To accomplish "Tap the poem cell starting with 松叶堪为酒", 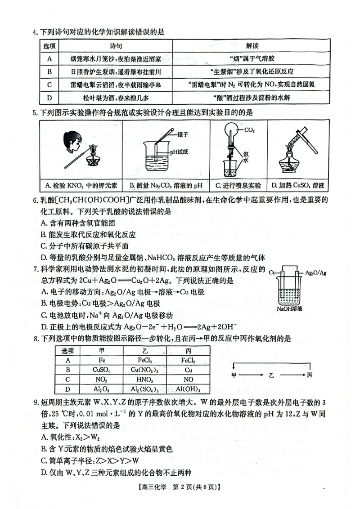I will [116, 98].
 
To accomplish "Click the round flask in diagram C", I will [230, 132].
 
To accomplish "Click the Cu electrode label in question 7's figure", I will [272, 273].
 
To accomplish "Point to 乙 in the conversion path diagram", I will [271, 375].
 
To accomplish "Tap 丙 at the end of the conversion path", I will [309, 375].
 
